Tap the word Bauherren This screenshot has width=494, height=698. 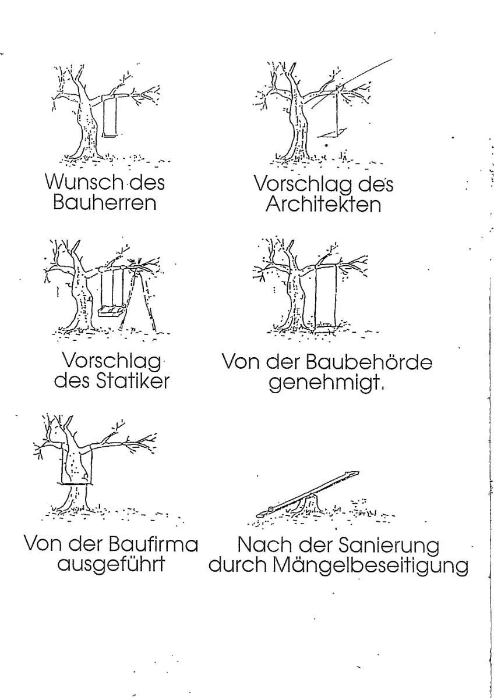pyautogui.click(x=104, y=202)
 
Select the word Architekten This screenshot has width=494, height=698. pyautogui.click(x=323, y=205)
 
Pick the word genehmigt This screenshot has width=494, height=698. pyautogui.click(x=326, y=383)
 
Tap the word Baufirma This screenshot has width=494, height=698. pyautogui.click(x=153, y=544)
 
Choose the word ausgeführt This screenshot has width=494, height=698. pyautogui.click(x=111, y=565)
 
